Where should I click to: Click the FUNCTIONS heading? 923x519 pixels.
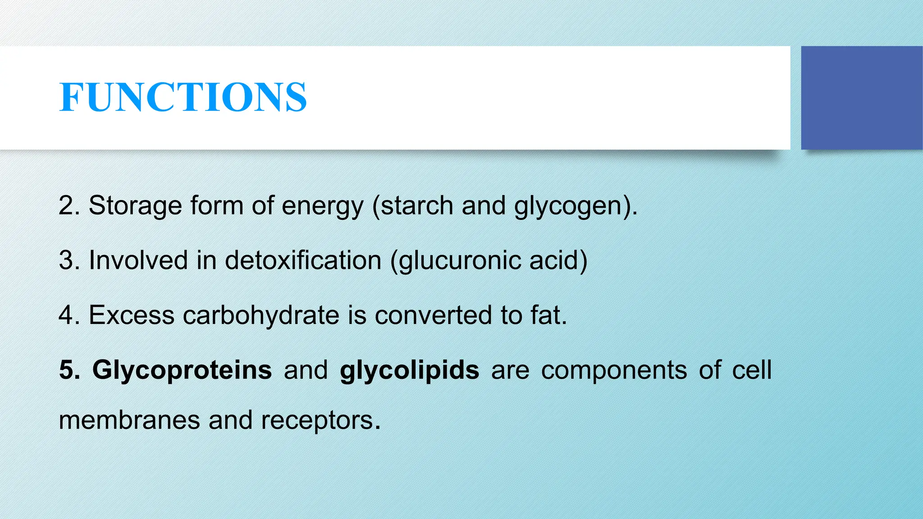(x=183, y=97)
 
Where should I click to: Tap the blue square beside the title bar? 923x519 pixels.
(x=862, y=97)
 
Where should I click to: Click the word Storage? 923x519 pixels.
(x=135, y=206)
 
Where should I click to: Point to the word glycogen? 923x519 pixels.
(x=569, y=206)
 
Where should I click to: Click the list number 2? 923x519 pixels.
(x=66, y=206)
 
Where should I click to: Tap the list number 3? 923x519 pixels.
(x=66, y=260)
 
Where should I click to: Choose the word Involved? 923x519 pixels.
(x=138, y=260)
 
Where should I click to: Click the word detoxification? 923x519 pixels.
(x=303, y=260)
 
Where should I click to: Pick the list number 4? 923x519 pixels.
(x=66, y=315)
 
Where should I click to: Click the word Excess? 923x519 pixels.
(x=131, y=315)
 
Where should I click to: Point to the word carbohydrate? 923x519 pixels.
(x=261, y=315)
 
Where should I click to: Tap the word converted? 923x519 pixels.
(x=433, y=315)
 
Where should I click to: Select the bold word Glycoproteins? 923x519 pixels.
(x=182, y=370)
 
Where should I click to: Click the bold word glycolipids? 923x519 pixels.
(x=409, y=370)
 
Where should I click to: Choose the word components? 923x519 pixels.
(x=614, y=370)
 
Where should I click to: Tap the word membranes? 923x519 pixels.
(x=129, y=420)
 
